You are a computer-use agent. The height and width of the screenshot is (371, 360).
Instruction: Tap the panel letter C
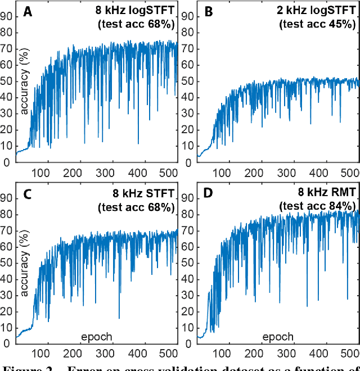[x=27, y=194]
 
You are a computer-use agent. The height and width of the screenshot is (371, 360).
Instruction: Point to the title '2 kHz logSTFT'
[x=321, y=11]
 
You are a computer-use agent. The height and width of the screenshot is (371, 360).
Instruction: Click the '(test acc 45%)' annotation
[x=318, y=25]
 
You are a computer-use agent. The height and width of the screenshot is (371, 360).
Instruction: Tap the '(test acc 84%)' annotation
[x=318, y=206]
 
